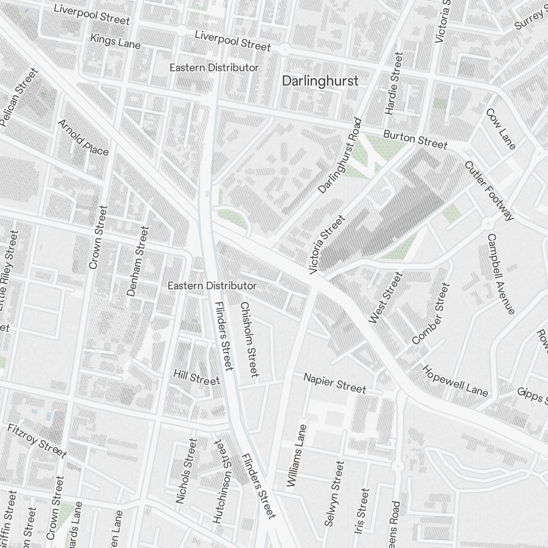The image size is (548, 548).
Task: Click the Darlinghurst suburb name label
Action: pos(320,81)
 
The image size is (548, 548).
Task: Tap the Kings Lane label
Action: pos(115,41)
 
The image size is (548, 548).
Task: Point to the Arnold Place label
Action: pos(83,137)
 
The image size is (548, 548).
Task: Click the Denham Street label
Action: pos(138,261)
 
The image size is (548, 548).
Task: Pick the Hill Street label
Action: pos(196,377)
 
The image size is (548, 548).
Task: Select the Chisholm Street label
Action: pos(249,340)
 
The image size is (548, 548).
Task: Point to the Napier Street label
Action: pos(334,383)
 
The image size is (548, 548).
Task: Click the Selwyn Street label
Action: pos(334,494)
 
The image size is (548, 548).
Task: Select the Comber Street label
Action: pos(430,313)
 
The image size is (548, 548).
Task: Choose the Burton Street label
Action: pos(415,139)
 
